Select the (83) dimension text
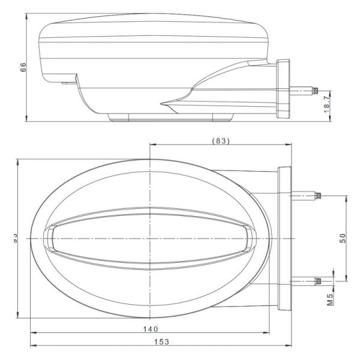221,141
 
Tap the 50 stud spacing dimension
343,238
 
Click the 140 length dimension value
151,328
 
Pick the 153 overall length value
161,342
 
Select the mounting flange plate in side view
283,89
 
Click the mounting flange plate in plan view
284,238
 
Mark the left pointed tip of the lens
50,238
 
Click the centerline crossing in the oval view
149,238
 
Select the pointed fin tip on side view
163,103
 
